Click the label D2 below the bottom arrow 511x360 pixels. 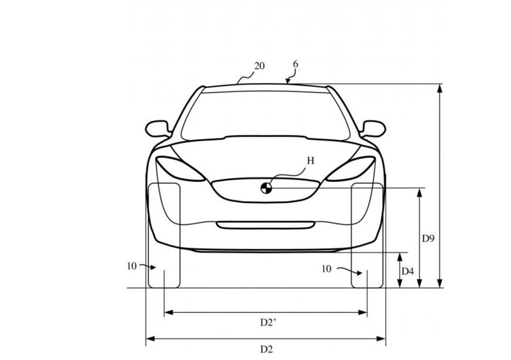coord(266,350)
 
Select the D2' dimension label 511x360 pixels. coord(268,322)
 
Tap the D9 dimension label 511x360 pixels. coord(428,239)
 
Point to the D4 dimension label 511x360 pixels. coord(408,271)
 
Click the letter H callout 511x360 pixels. coord(310,161)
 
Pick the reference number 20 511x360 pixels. coord(259,66)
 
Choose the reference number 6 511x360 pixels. coord(295,64)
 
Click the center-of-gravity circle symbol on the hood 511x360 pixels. coord(266,188)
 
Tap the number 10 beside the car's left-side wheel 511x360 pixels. coord(132,266)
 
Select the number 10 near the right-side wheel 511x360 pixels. coord(326,269)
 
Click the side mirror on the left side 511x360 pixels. coord(158,129)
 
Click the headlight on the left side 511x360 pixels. coord(180,169)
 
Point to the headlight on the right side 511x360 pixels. coord(351,169)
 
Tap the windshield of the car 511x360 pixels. coord(266,116)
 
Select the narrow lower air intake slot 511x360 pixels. coord(266,225)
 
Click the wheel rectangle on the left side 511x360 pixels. coord(164,236)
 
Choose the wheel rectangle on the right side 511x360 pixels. coord(367,236)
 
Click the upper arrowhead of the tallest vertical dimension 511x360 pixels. coord(439,88)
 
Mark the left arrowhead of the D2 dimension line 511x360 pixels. coord(150,339)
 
